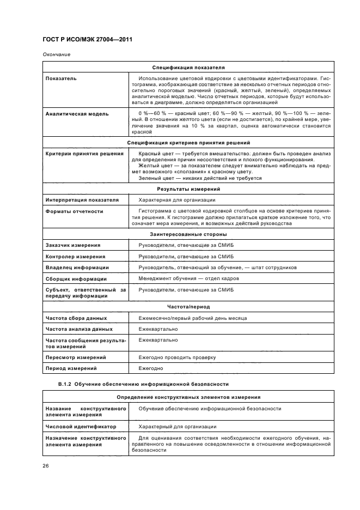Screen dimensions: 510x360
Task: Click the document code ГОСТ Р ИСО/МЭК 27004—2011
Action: [x=87, y=40]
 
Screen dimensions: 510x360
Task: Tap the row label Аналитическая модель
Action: [x=77, y=114]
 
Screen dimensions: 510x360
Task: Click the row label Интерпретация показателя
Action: [x=82, y=200]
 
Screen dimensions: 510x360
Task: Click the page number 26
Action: [x=46, y=465]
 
